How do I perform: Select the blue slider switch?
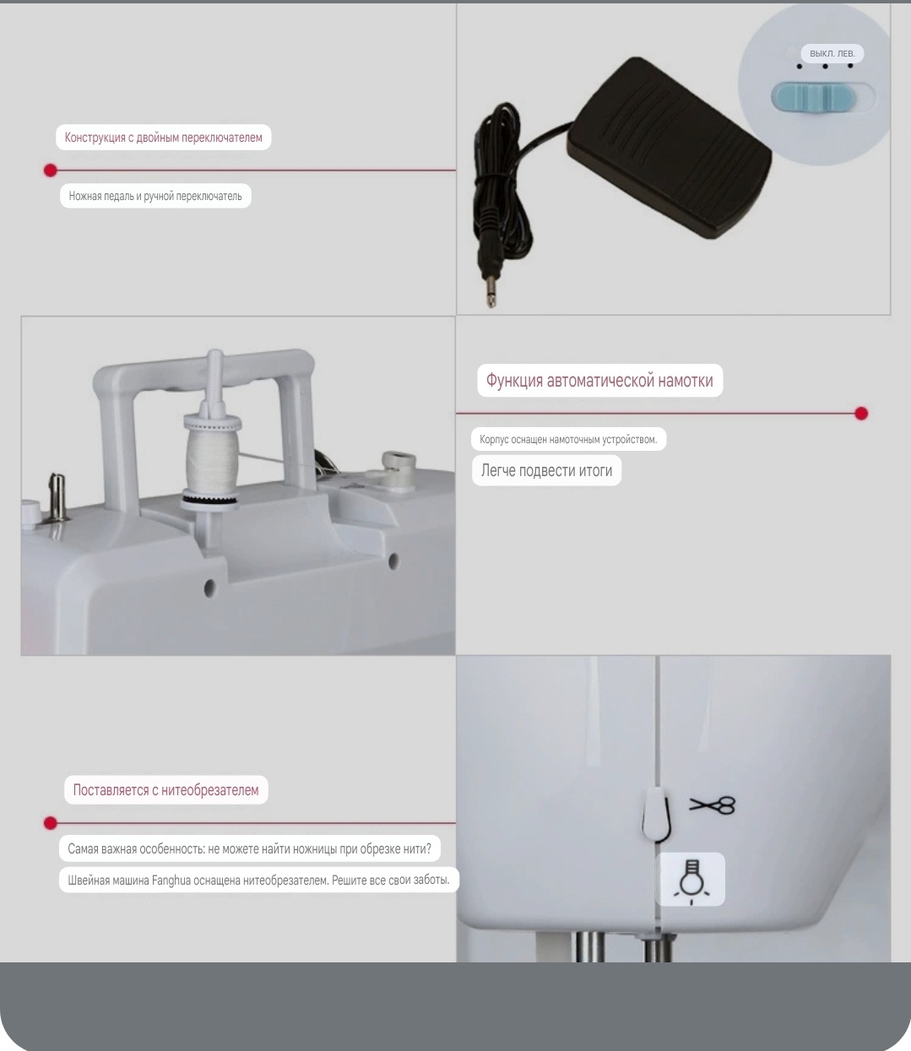point(813,96)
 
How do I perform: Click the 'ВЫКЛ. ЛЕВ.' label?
point(832,53)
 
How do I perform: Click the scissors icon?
point(712,805)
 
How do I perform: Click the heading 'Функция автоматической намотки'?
point(599,381)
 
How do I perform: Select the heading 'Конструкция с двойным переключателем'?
point(163,138)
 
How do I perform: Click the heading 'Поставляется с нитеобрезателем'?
point(165,789)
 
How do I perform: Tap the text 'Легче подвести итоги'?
point(547,470)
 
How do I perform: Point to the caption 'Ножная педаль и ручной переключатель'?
point(155,196)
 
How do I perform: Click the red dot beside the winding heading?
point(861,414)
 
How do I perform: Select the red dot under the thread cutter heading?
point(51,823)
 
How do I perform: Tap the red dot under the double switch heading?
point(51,171)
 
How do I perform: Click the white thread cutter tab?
point(655,814)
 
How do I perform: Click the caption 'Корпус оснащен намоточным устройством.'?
point(568,439)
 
